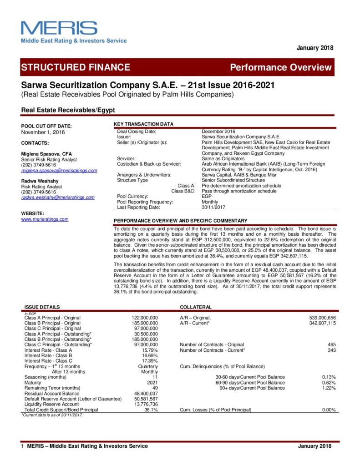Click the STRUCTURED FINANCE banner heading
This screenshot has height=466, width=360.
tap(76, 68)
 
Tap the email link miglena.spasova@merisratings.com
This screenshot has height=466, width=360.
tap(59, 171)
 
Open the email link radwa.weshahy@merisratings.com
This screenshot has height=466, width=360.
tap(58, 198)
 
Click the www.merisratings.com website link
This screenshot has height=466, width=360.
tap(45, 219)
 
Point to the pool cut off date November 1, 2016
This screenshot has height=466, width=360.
tap(43, 132)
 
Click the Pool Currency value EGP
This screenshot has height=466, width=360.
tap(207, 197)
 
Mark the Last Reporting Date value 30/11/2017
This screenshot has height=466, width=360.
tap(214, 208)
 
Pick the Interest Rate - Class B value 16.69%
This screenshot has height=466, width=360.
tap(150, 356)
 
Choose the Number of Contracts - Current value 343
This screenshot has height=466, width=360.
tap(331, 350)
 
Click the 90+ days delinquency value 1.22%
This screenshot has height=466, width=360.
tap(329, 388)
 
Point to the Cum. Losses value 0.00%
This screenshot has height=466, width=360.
tap(329, 410)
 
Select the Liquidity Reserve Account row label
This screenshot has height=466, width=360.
tap(51, 405)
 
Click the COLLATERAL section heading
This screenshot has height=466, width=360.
tap(196, 308)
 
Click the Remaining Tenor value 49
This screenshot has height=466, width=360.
tap(155, 388)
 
